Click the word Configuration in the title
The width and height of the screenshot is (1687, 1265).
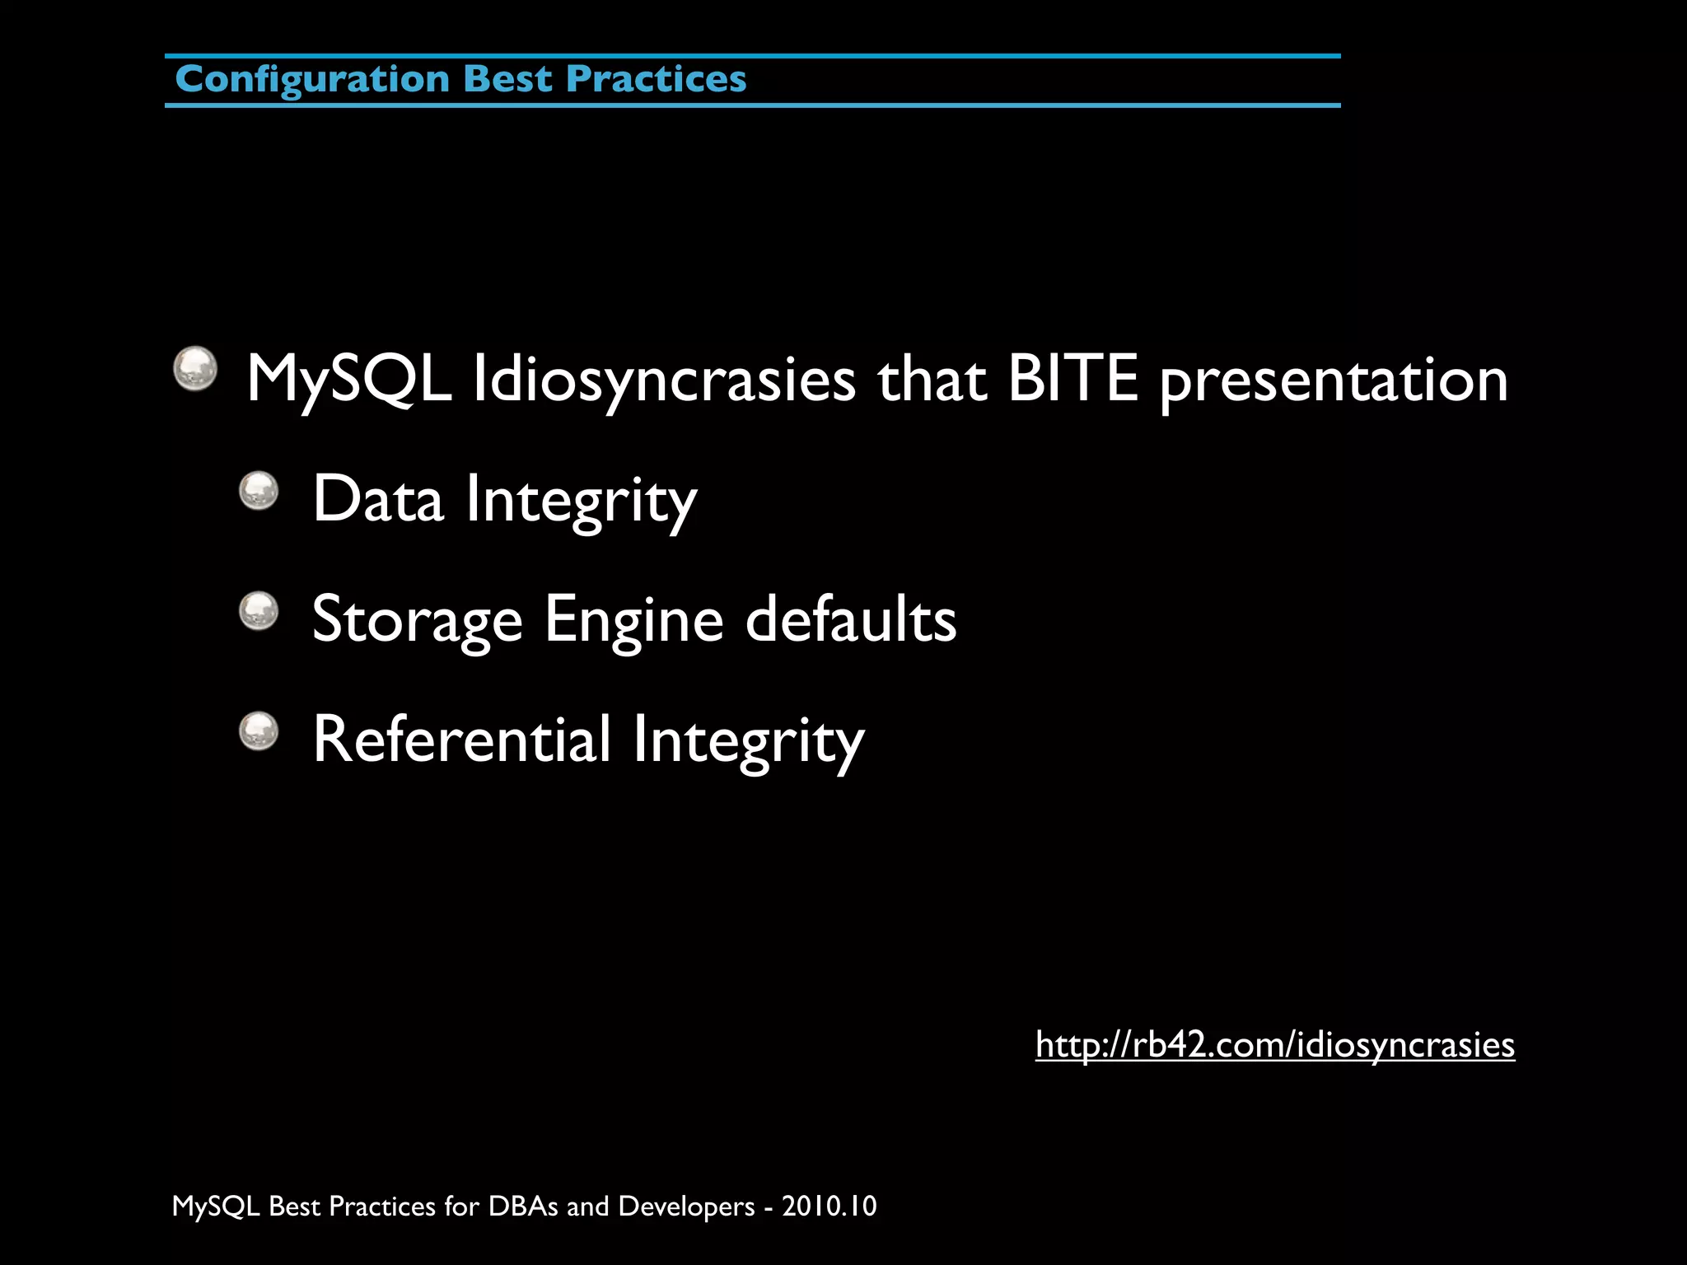click(312, 80)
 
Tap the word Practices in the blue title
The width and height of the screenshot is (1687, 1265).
click(657, 80)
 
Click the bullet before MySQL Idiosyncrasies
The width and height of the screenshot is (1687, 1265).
click(195, 368)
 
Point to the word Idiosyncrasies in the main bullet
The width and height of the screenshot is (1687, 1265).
click(664, 380)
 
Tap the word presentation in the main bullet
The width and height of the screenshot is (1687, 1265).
click(1334, 381)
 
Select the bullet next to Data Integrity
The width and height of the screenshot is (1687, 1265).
click(259, 491)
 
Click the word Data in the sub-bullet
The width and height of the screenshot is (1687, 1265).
click(378, 499)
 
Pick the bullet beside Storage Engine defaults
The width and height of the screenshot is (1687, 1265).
click(259, 611)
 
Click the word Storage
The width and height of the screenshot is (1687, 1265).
click(417, 620)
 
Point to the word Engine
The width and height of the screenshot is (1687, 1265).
click(633, 620)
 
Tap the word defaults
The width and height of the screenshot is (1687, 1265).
click(851, 618)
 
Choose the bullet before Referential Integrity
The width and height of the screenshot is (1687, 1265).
click(259, 731)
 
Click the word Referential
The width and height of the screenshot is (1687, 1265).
click(462, 740)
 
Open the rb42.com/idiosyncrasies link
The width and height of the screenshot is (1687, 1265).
click(1274, 1045)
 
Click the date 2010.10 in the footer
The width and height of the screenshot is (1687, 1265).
click(829, 1207)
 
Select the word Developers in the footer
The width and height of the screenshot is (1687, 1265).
click(686, 1207)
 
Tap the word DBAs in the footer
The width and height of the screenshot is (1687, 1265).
click(524, 1207)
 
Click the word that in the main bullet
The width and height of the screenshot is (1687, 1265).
click(932, 380)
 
